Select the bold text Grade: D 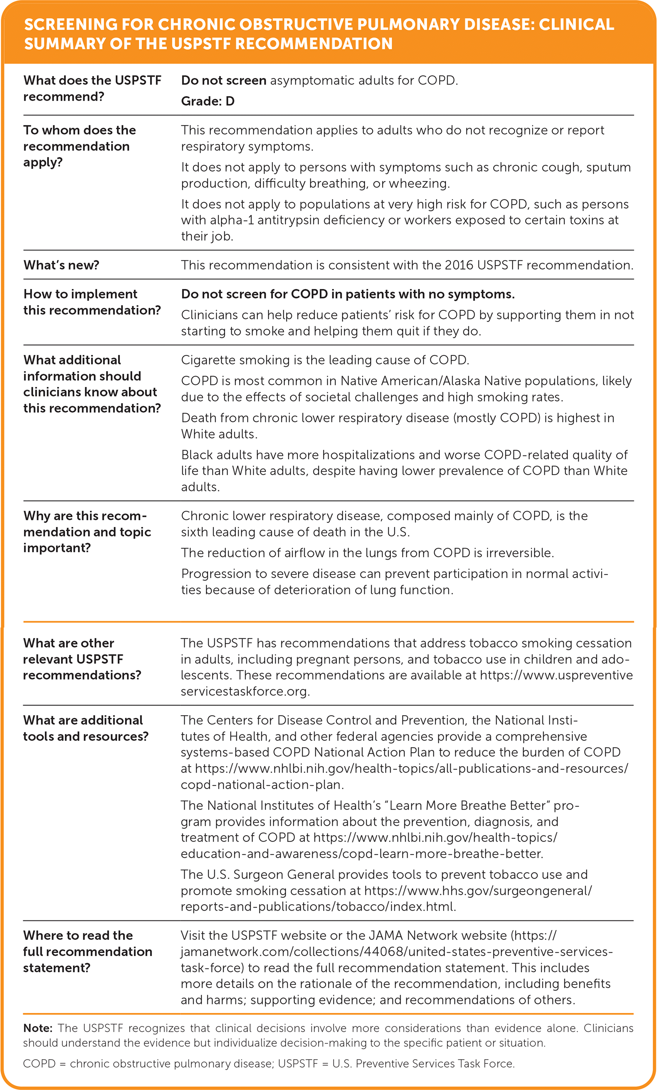[208, 101]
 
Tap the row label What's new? [61, 265]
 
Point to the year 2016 [459, 265]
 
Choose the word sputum [608, 167]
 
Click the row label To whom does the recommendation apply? [79, 146]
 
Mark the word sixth [195, 532]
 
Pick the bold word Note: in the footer [38, 1028]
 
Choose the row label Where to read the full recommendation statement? [88, 951]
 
